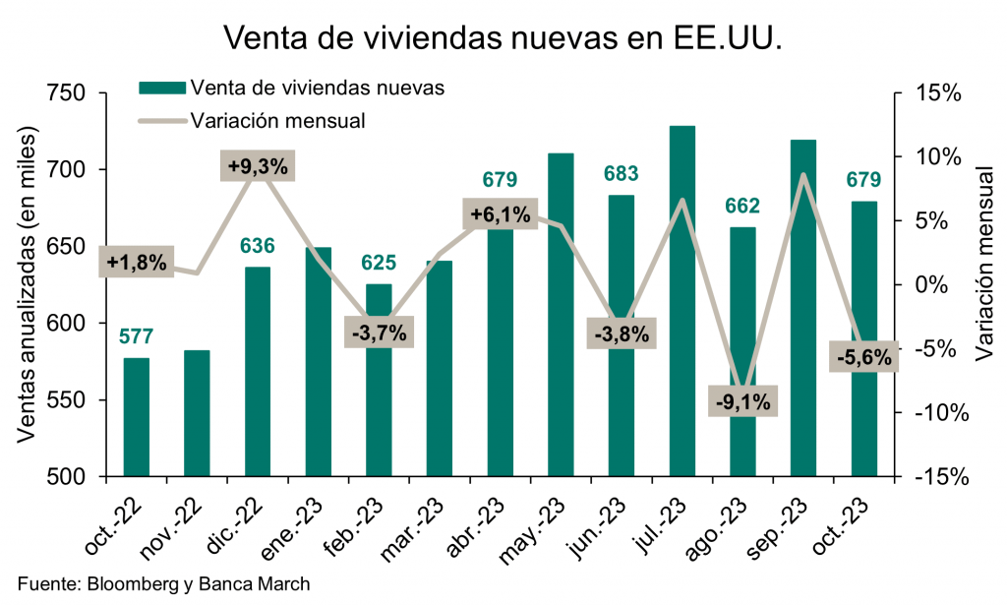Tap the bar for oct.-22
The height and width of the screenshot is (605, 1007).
pyautogui.click(x=137, y=417)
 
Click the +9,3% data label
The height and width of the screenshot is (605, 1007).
pyautogui.click(x=258, y=167)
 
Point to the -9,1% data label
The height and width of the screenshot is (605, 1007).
pyautogui.click(x=743, y=401)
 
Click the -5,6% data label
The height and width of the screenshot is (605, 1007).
pyautogui.click(x=864, y=357)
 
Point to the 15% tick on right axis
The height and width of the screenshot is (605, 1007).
pyautogui.click(x=938, y=93)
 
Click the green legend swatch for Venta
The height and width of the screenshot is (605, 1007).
pyautogui.click(x=161, y=87)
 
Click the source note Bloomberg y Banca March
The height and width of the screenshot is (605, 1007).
pyautogui.click(x=164, y=582)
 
